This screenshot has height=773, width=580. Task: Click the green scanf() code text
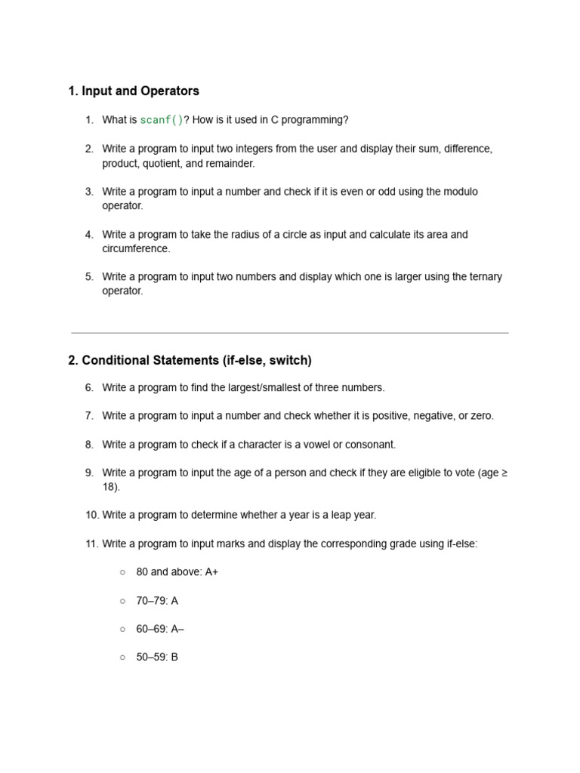162,120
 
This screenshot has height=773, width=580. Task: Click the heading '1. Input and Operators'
134,91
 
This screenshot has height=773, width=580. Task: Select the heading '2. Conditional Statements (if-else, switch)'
190,360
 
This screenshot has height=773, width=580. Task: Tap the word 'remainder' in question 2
230,163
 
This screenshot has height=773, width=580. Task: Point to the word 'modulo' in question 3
460,192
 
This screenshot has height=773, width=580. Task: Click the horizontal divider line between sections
290,333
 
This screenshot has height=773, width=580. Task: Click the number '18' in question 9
109,487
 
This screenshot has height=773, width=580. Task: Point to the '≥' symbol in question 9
504,473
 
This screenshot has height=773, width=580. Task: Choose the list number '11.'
91,544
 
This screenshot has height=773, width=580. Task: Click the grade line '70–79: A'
157,601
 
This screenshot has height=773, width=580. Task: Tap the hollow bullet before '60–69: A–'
122,629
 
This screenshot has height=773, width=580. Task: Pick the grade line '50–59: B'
157,658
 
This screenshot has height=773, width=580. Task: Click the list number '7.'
89,416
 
